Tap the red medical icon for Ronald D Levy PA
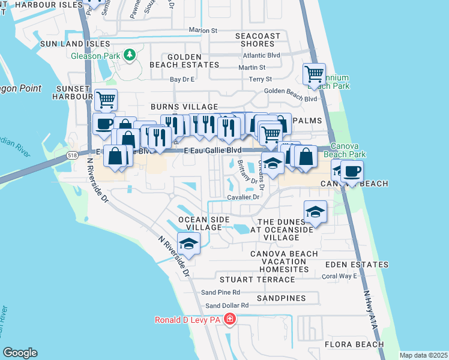click(229, 320)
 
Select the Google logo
click(20, 353)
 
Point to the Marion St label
click(202, 30)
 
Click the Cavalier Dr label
click(243, 197)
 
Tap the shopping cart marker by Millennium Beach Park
click(315, 74)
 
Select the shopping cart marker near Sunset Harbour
click(106, 99)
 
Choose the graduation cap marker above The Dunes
click(316, 211)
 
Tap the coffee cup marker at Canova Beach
click(351, 171)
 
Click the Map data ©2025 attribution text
click(423, 355)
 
